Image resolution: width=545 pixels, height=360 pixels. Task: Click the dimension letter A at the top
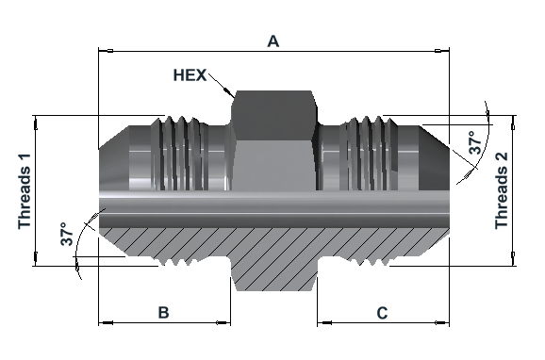(273, 41)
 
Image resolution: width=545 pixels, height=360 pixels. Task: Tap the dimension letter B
(164, 312)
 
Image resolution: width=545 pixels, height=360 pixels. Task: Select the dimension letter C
(382, 313)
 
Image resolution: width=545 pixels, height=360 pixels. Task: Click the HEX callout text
(190, 75)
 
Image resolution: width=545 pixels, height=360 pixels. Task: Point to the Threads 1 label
(25, 191)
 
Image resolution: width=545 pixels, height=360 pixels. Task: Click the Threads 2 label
(502, 190)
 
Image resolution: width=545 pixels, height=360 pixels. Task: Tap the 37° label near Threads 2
(475, 142)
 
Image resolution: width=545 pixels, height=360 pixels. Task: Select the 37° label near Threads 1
(67, 234)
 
